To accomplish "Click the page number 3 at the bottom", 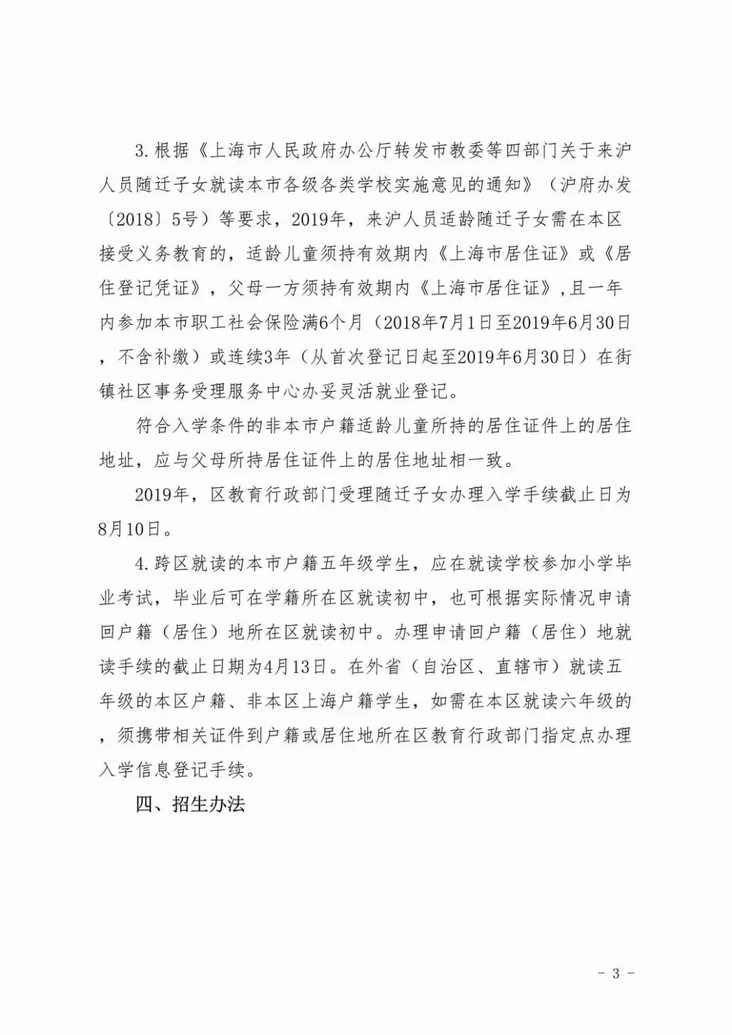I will pyautogui.click(x=615, y=974).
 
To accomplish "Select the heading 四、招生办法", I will pyautogui.click(x=190, y=805).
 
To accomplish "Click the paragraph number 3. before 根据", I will pyautogui.click(x=142, y=150).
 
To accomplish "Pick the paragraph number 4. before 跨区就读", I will pyautogui.click(x=142, y=564).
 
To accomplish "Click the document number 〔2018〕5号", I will pyautogui.click(x=157, y=219).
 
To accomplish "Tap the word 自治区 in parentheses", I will pyautogui.click(x=447, y=667).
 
